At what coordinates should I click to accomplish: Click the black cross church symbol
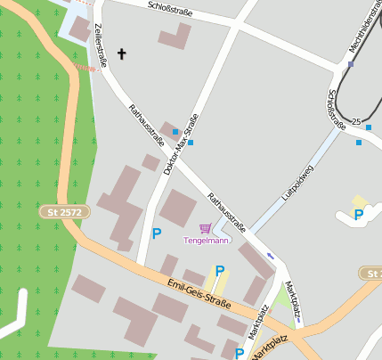point(122,54)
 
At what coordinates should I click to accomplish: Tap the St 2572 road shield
point(65,212)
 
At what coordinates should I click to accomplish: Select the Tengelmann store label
point(206,240)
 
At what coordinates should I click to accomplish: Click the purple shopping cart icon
point(206,229)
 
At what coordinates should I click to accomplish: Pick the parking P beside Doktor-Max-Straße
point(157,234)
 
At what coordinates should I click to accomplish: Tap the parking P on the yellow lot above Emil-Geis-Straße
point(219,271)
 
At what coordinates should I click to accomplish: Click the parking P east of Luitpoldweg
point(359,214)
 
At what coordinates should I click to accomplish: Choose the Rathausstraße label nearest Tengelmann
point(227,212)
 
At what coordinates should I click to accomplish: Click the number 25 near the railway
point(355,121)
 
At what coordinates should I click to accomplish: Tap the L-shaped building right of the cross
point(175,37)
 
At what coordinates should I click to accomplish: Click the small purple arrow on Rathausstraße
point(271,257)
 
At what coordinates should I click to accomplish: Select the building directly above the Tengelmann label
point(178,208)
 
